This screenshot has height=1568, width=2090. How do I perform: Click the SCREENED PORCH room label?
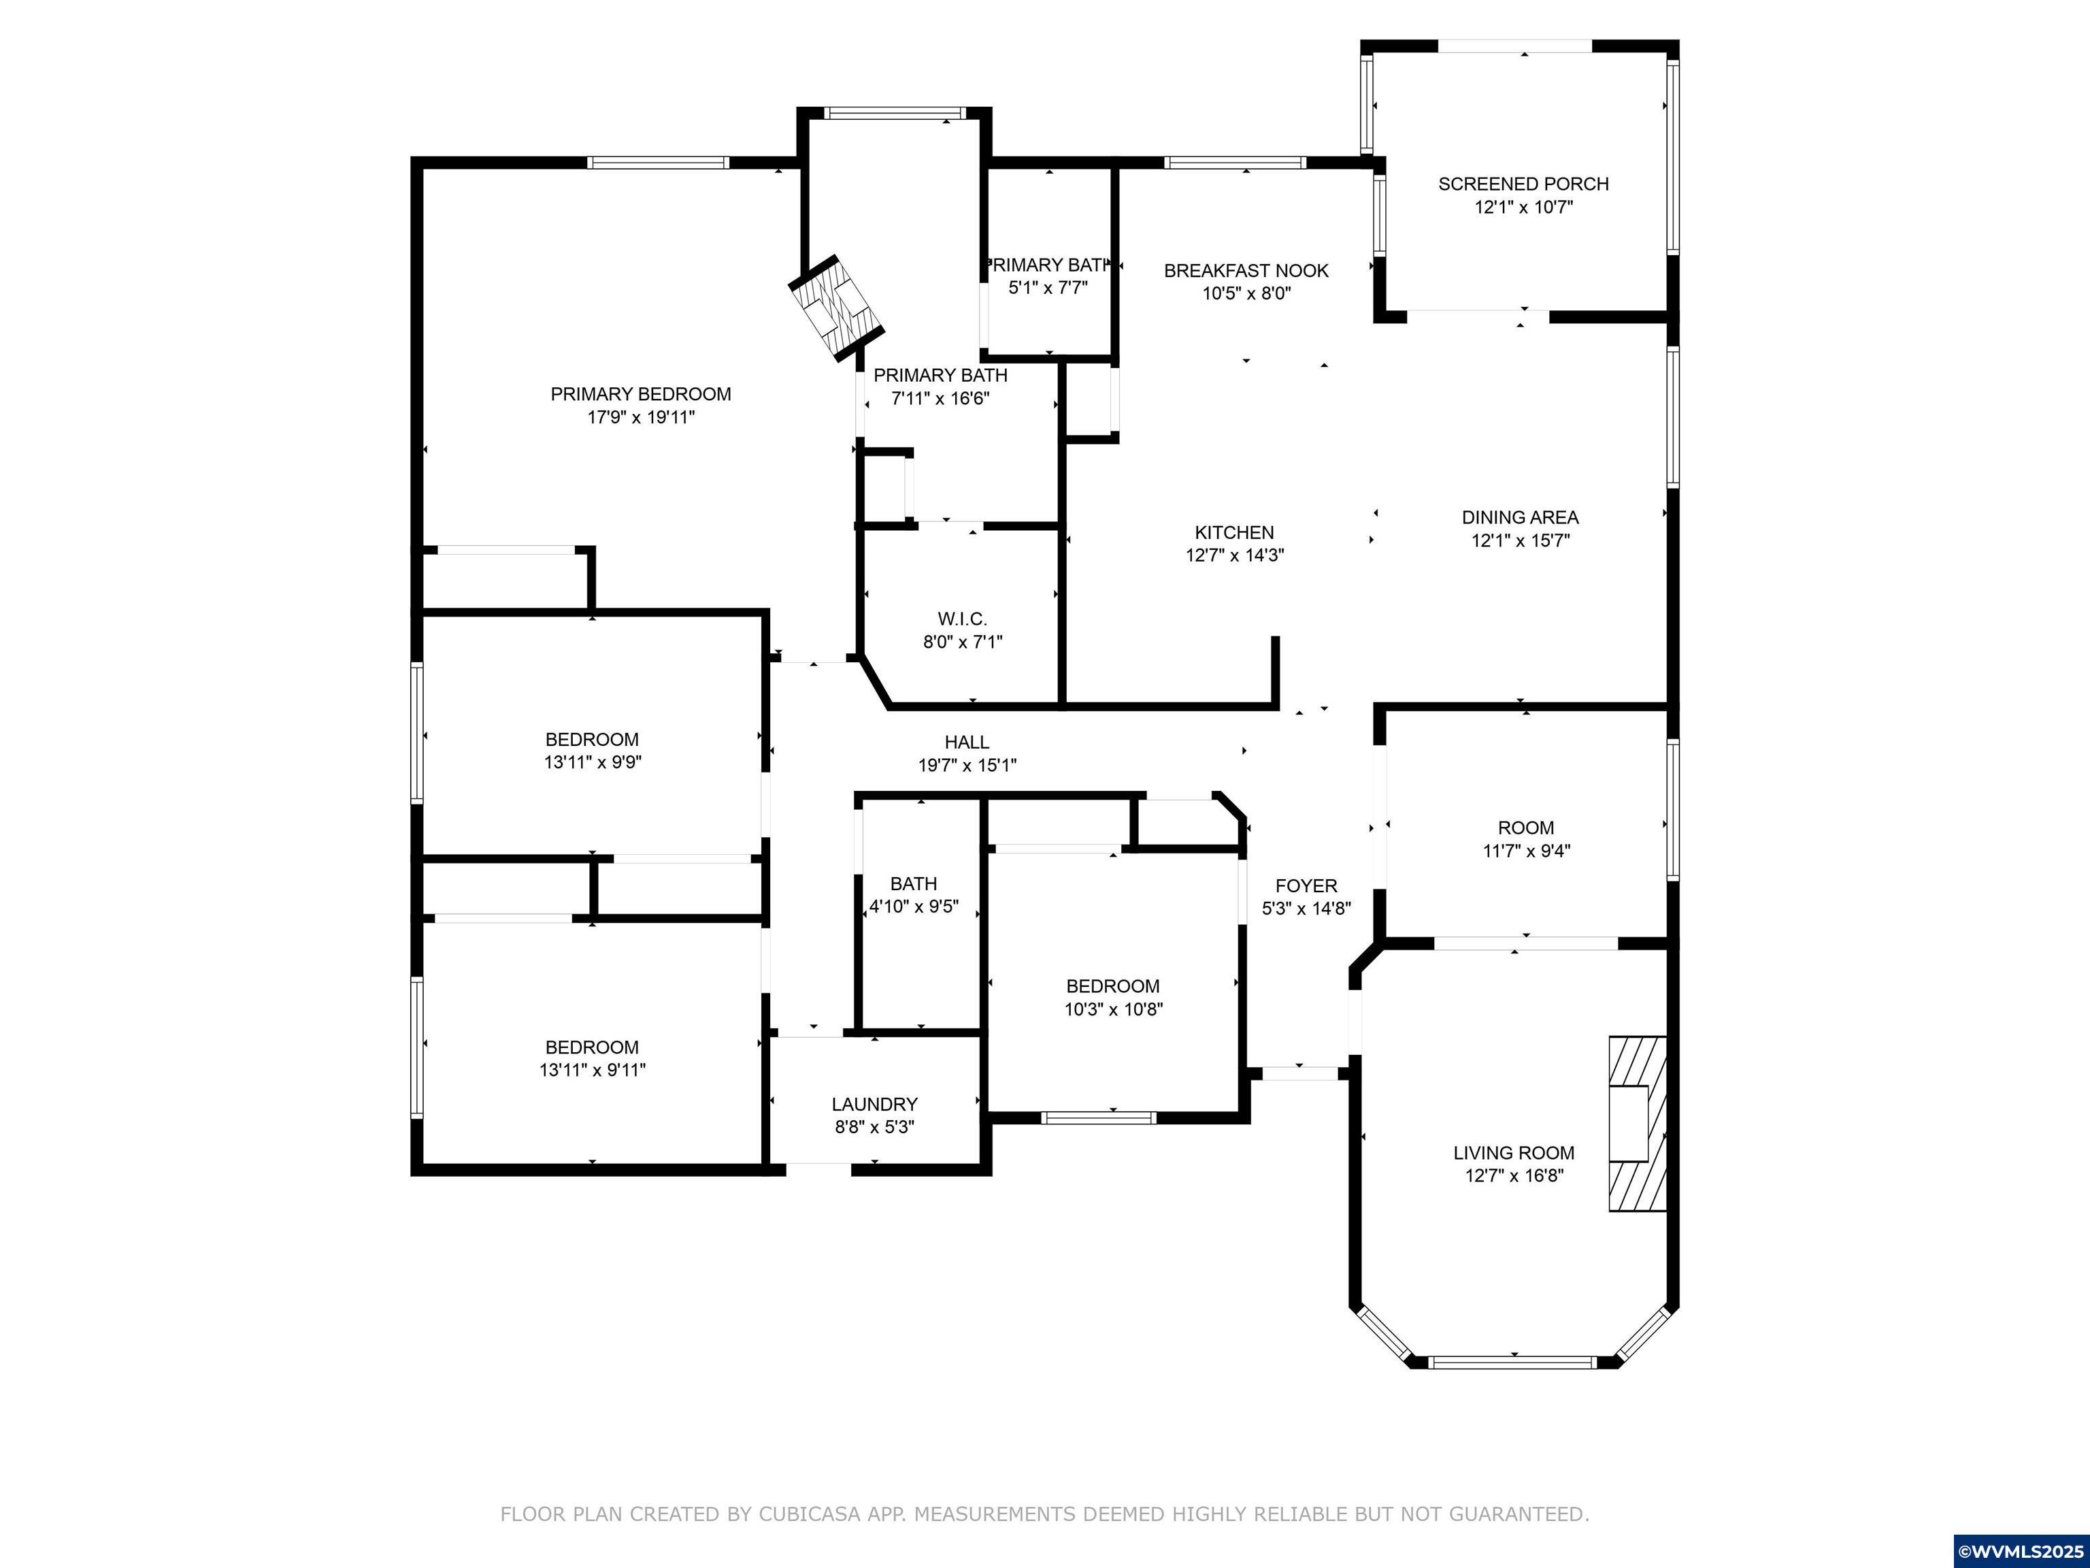(x=1523, y=184)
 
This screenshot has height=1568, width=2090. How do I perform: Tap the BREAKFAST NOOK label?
(x=1246, y=272)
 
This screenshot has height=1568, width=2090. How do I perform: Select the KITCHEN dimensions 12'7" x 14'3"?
(x=1235, y=556)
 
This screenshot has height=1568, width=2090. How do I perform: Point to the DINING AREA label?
(x=1521, y=518)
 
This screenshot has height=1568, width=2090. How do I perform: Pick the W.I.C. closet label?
(x=963, y=620)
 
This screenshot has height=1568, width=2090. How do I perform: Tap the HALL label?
(x=967, y=743)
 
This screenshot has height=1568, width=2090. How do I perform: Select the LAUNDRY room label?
(x=875, y=1105)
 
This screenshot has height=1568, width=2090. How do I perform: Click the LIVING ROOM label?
(x=1514, y=1153)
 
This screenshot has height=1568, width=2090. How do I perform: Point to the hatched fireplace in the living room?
(x=1638, y=1124)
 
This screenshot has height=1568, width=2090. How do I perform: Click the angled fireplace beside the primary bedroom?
(x=837, y=307)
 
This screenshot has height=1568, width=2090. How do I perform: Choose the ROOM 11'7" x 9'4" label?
(x=1526, y=839)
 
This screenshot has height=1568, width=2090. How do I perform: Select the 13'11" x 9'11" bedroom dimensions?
(x=593, y=1071)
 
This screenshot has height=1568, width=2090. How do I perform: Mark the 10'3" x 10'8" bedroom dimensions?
(x=1114, y=1009)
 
